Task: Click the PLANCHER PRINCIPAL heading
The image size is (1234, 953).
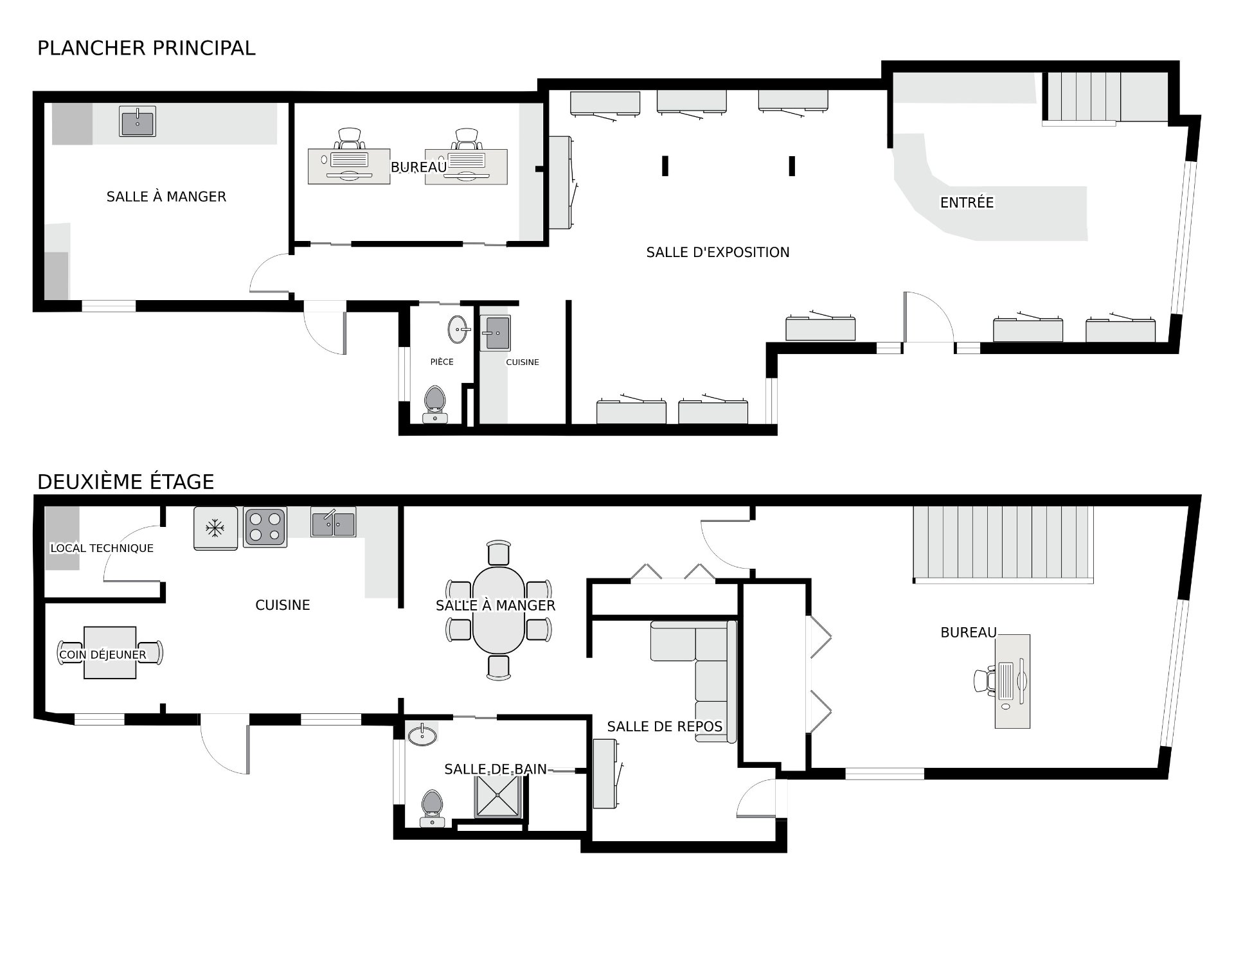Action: click(147, 48)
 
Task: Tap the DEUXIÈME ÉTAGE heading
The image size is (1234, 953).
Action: click(126, 482)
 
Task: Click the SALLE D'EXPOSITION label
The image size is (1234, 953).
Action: click(718, 253)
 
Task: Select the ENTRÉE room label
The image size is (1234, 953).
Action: click(967, 202)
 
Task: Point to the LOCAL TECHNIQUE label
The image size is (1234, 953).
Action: click(102, 548)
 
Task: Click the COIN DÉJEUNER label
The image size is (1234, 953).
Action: click(103, 655)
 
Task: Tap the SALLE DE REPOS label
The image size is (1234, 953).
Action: click(665, 727)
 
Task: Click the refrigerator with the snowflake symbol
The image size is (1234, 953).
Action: click(215, 528)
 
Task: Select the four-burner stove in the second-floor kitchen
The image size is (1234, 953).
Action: click(265, 527)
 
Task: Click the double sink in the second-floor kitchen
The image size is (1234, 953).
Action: click(334, 522)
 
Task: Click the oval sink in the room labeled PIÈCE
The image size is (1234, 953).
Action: click(459, 330)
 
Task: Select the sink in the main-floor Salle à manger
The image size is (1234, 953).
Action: click(138, 121)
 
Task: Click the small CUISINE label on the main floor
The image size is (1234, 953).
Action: click(523, 362)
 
